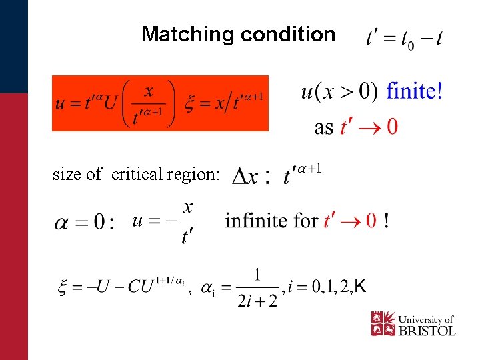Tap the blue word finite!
(414, 91)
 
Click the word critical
(137, 175)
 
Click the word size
(67, 175)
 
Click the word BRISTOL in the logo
(427, 330)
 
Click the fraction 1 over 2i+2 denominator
(257, 301)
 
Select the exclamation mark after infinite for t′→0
(387, 220)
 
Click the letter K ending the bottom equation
(360, 287)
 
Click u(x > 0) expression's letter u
(308, 91)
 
